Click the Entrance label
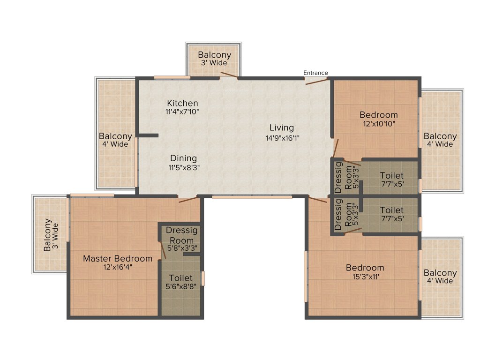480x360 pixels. tap(315, 73)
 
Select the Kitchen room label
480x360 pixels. tap(182, 103)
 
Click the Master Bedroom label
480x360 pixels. tap(117, 258)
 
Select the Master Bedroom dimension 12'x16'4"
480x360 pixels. tap(117, 268)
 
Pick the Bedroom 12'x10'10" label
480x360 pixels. tap(378, 115)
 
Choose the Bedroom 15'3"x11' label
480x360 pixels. tap(365, 268)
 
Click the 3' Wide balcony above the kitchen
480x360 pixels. tap(214, 59)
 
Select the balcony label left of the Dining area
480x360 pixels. tap(115, 140)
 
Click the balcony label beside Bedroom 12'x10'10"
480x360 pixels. tap(440, 140)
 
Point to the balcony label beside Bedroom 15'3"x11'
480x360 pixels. tap(440, 277)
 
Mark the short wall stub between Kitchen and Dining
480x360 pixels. tap(148, 135)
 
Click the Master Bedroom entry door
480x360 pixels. tap(188, 200)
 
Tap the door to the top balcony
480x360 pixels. tap(229, 75)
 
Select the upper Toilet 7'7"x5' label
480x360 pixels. tap(391, 180)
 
